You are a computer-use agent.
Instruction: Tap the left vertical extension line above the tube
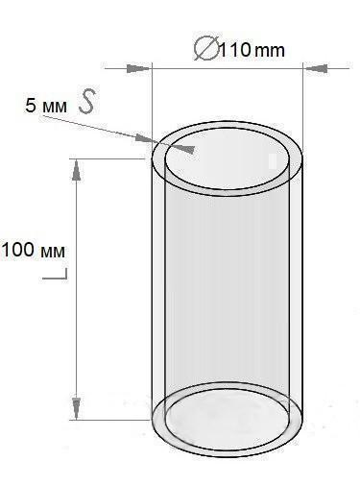[x=154, y=96]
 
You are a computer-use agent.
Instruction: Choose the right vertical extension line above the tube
[x=303, y=96]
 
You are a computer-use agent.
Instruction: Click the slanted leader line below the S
[x=125, y=127]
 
